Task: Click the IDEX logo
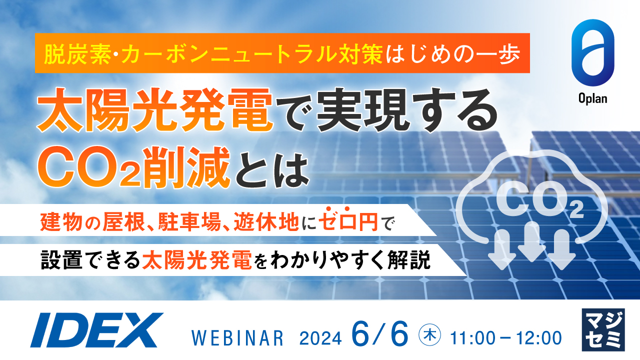[x=96, y=330]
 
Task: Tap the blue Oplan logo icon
[x=593, y=52]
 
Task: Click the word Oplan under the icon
[x=593, y=98]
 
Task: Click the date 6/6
[x=380, y=332]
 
